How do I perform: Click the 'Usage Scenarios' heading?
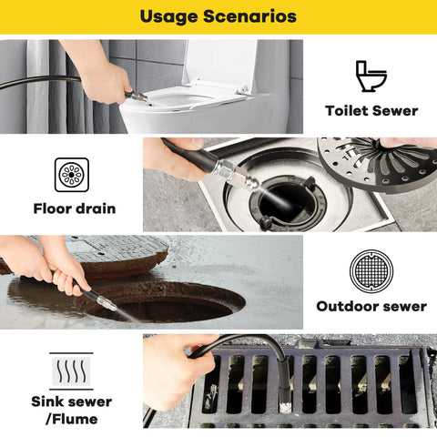(218, 16)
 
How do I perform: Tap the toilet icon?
(371, 76)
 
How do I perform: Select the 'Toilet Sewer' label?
(371, 111)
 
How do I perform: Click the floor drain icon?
(72, 175)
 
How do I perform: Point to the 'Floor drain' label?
(75, 208)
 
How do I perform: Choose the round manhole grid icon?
(371, 271)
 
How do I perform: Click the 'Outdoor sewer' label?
(371, 307)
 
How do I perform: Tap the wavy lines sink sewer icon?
(71, 371)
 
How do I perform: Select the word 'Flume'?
(75, 419)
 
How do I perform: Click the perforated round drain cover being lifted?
(376, 164)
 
